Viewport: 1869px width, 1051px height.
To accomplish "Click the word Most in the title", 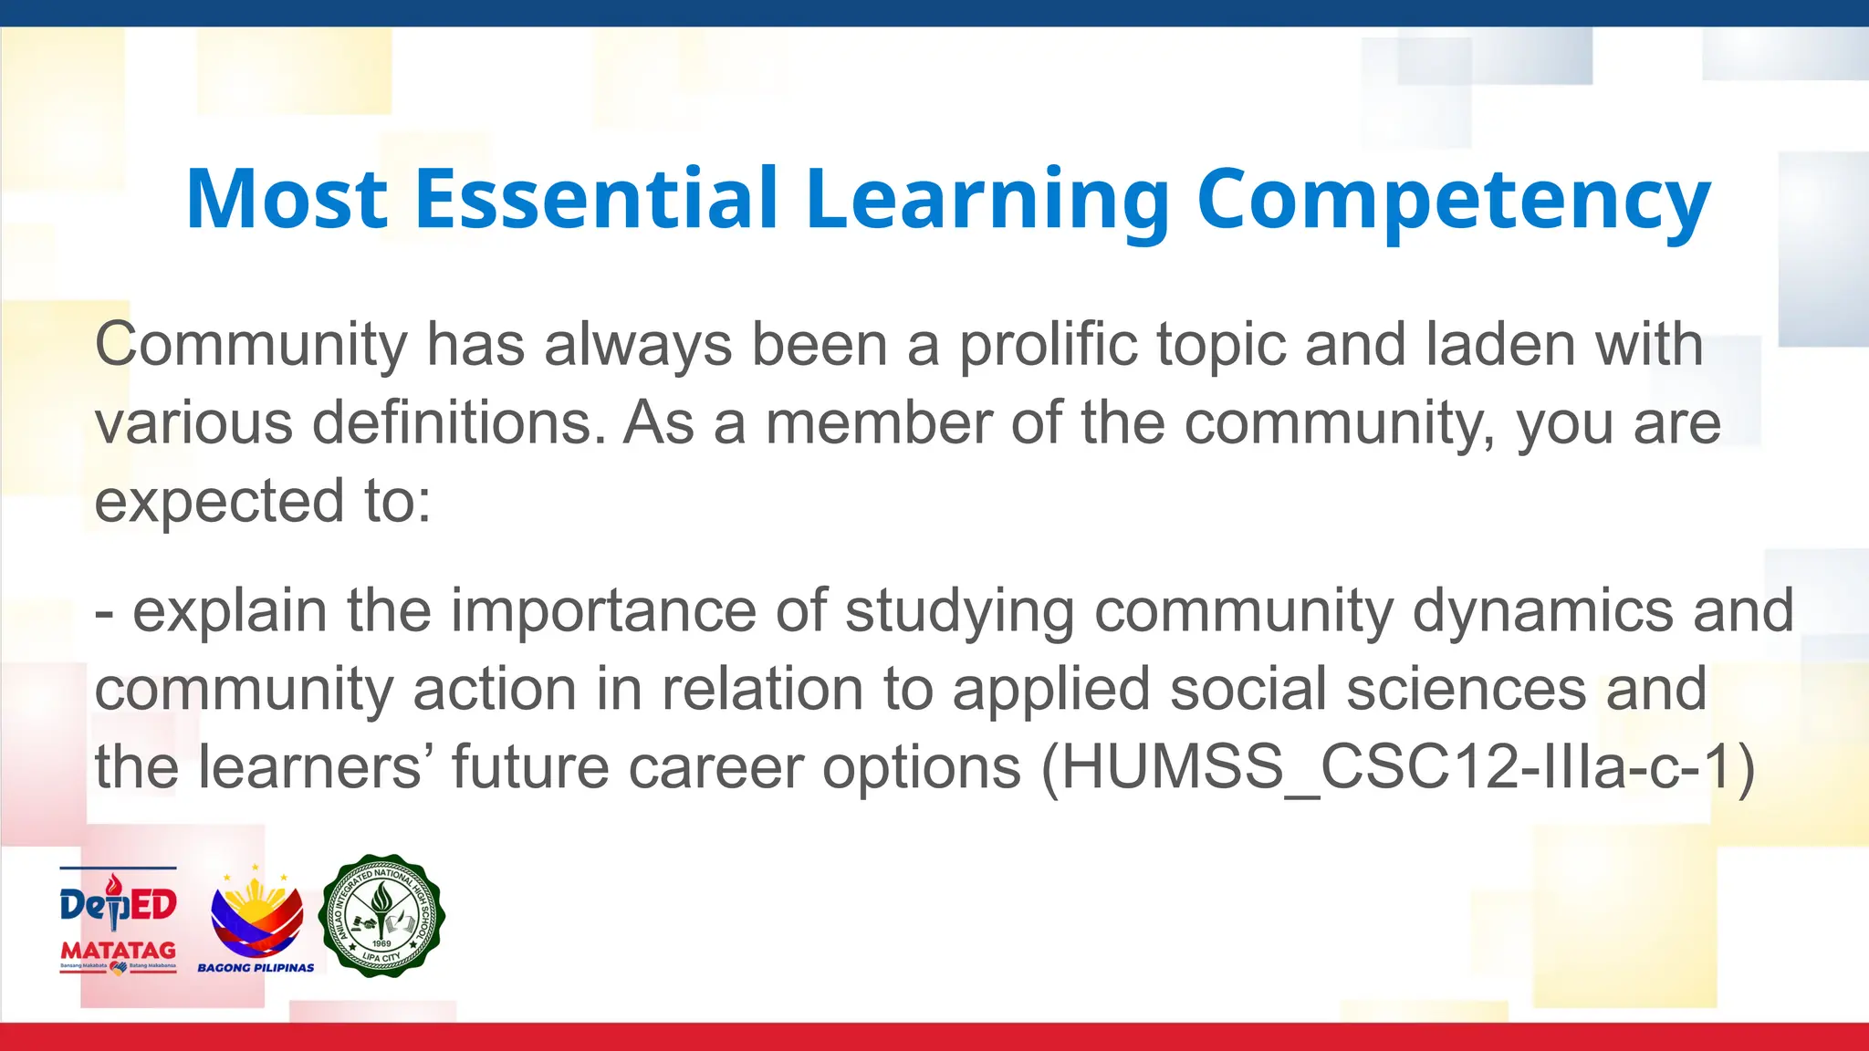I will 287,199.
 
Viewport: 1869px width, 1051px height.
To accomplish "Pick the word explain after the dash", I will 229,611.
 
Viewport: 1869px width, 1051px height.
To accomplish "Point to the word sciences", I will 1467,689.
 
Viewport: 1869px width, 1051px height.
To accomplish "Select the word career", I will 715,767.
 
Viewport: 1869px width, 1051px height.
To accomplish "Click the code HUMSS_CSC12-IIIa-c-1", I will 1396,767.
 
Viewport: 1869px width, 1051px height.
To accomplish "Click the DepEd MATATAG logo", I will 118,920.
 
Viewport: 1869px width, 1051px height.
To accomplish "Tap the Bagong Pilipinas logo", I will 256,920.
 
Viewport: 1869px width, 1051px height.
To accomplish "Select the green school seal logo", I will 381,915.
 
